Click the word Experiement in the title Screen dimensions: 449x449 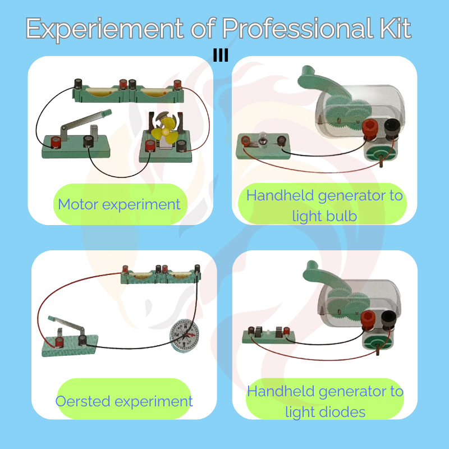[x=104, y=29]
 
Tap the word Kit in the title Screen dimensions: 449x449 [x=396, y=28]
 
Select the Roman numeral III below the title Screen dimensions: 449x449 [x=221, y=55]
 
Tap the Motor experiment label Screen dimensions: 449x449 [x=119, y=204]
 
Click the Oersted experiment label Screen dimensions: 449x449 [x=124, y=401]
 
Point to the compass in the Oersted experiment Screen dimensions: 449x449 [x=185, y=335]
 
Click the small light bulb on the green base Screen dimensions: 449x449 [x=262, y=138]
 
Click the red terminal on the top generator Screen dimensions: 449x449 [x=370, y=129]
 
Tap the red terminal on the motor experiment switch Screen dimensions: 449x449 [x=56, y=143]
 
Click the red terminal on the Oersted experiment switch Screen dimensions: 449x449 [x=59, y=342]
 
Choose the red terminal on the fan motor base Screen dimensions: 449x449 [x=150, y=146]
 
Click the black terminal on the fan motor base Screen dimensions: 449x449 [x=181, y=146]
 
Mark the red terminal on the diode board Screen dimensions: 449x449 [x=286, y=331]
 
